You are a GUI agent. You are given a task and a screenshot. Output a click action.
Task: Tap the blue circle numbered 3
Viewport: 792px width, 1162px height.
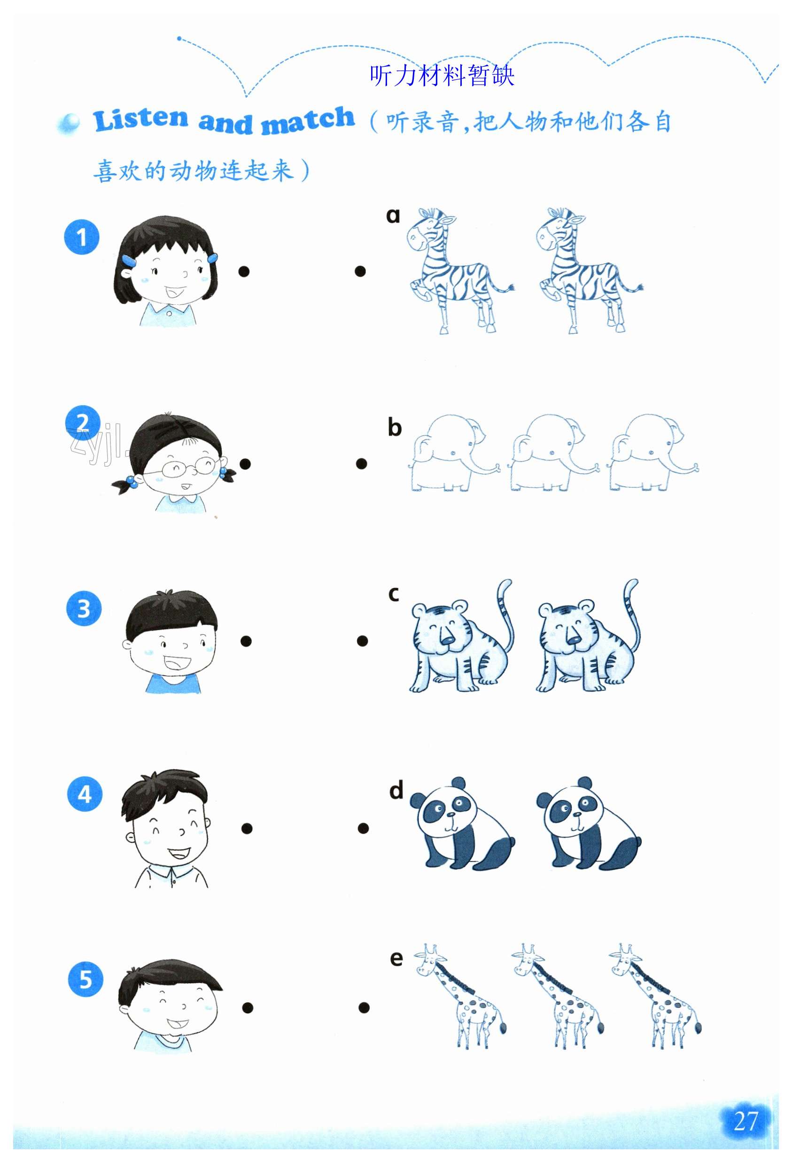[x=84, y=608]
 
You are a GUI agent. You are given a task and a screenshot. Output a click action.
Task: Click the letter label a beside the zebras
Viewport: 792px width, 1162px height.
[x=393, y=215]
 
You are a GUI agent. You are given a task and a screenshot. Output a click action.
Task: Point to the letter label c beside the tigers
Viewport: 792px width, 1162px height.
[x=394, y=594]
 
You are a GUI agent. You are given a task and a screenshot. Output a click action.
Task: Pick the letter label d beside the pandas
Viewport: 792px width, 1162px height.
[x=396, y=790]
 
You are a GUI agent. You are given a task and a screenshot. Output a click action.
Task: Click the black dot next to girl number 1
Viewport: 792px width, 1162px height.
[x=244, y=271]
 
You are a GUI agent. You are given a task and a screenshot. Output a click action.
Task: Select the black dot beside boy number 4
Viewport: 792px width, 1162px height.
[x=246, y=829]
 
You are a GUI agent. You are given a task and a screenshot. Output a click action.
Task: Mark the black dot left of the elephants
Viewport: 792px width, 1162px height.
[x=361, y=464]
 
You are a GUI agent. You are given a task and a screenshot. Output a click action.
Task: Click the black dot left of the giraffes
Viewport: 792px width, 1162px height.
[x=364, y=1008]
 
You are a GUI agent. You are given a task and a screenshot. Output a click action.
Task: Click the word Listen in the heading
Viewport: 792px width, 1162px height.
[x=140, y=120]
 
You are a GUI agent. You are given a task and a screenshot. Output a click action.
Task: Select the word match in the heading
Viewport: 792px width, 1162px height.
[x=308, y=121]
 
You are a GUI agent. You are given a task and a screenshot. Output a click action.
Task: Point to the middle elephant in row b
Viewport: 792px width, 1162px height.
[x=553, y=452]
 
